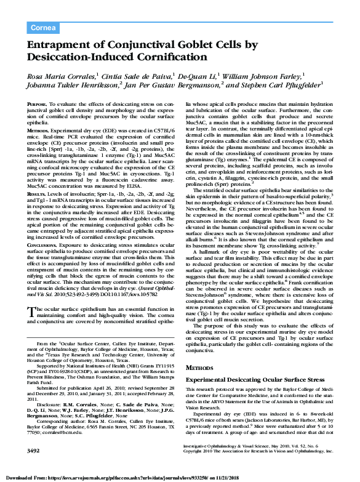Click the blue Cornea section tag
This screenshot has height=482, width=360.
point(43,28)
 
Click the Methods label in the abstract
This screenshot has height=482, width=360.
point(39,131)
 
